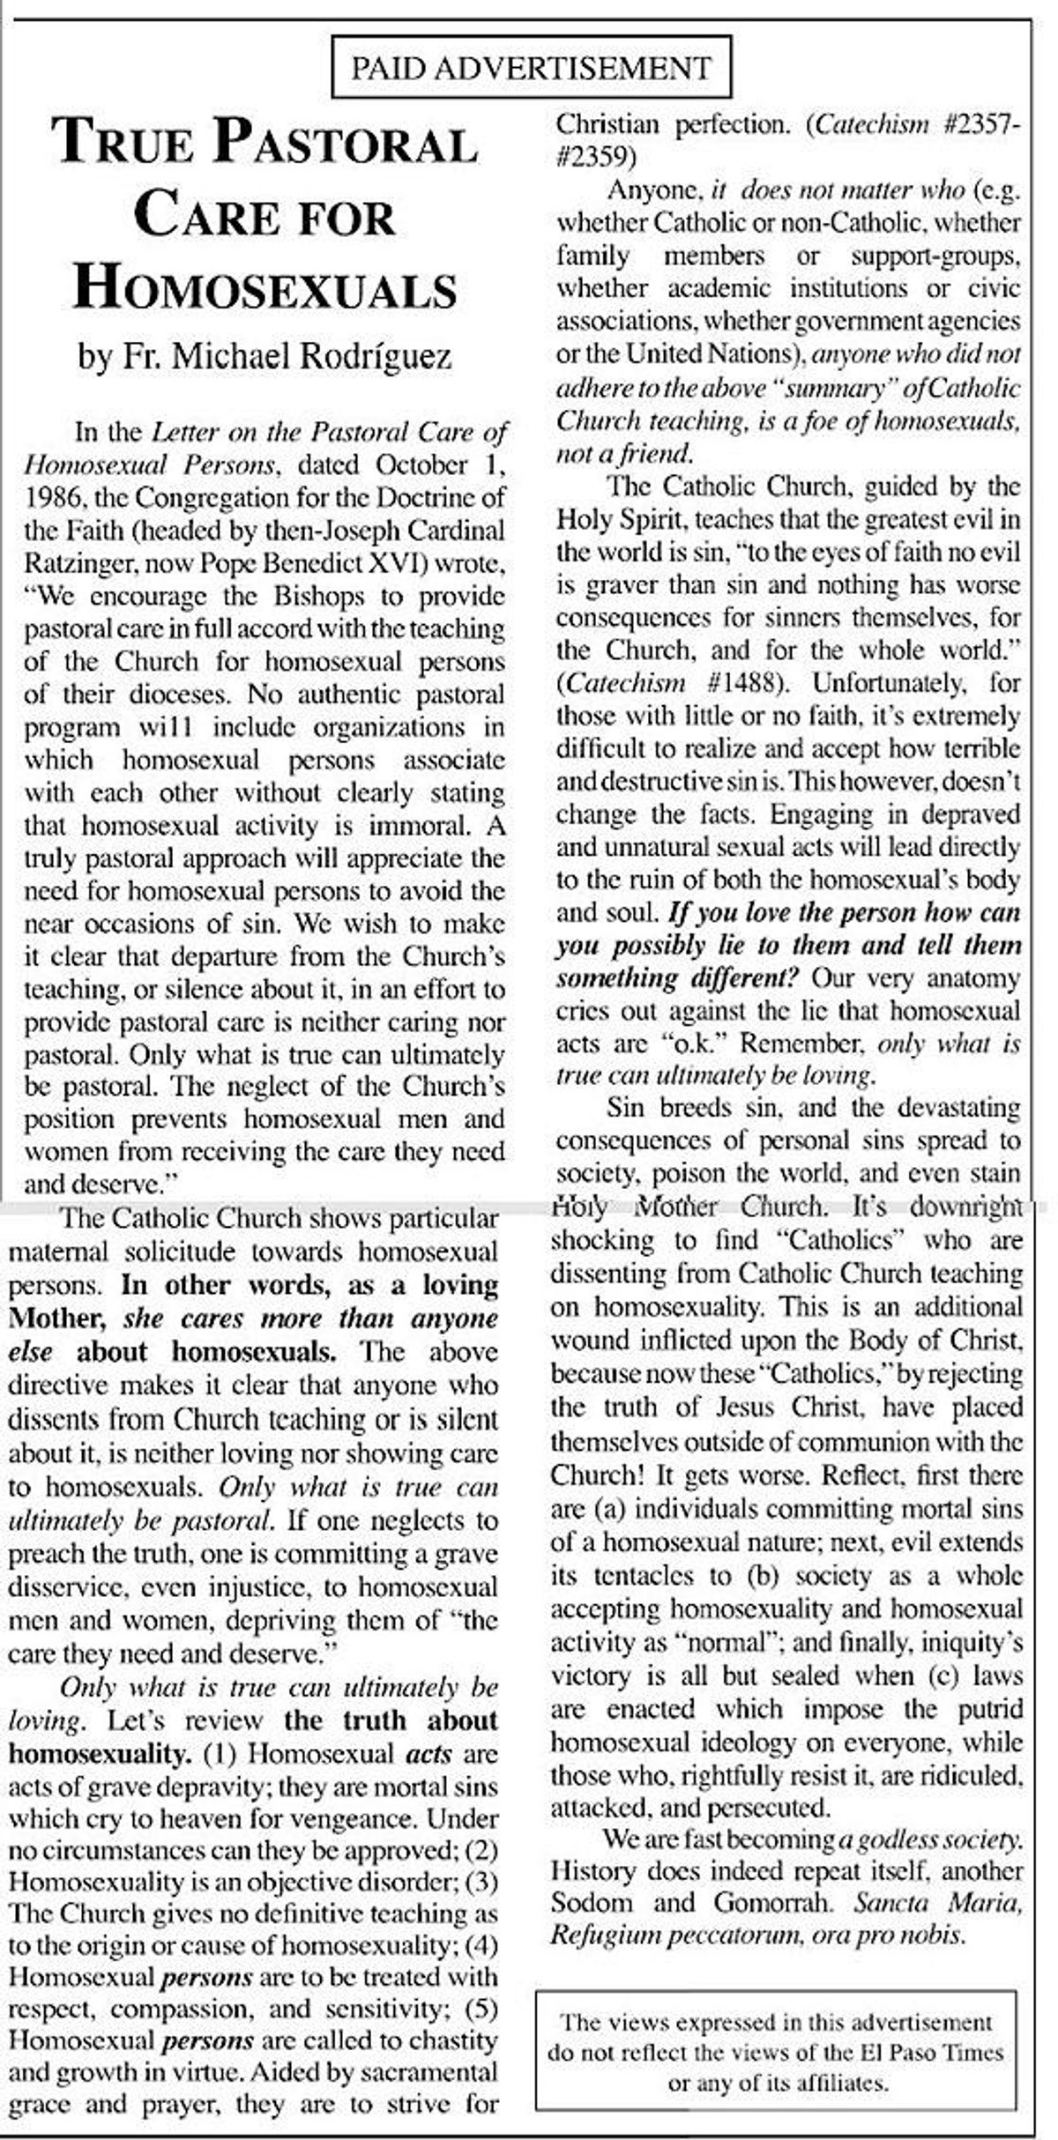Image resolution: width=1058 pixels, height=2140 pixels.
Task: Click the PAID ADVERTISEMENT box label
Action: (x=531, y=68)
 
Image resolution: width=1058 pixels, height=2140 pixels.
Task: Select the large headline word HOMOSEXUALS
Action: (x=265, y=288)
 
